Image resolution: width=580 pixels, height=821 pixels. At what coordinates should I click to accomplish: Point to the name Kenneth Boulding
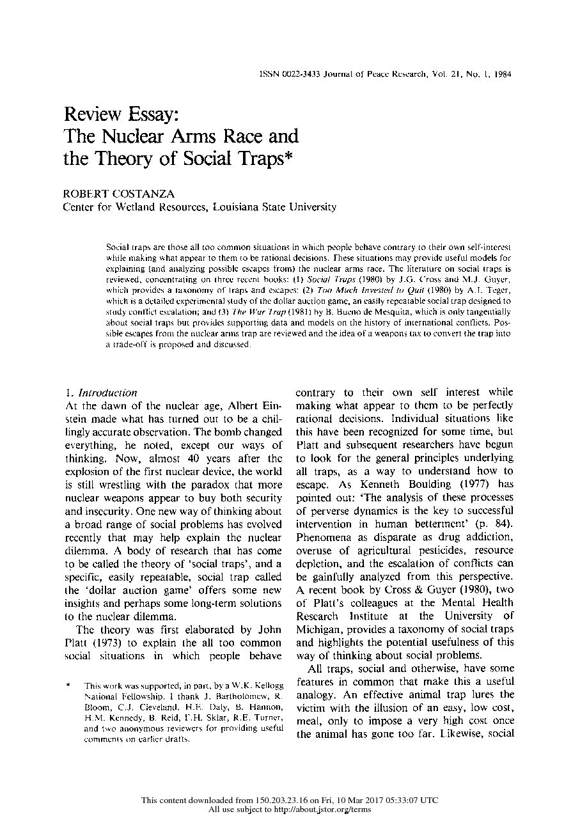382,484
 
